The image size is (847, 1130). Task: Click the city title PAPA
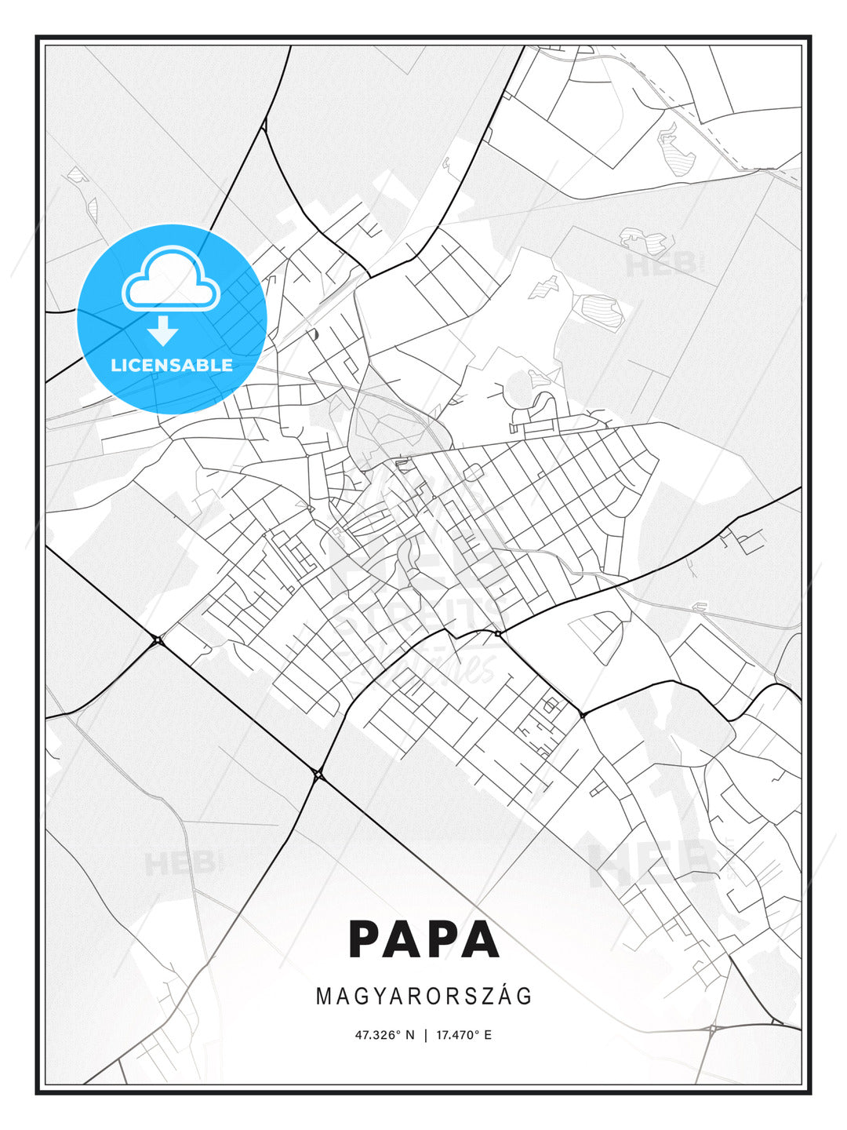pos(423,940)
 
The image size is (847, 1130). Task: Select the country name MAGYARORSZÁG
pos(423,997)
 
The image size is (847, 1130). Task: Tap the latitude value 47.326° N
pos(384,1035)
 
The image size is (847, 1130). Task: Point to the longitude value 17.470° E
pos(464,1035)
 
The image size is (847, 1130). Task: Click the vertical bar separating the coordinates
pos(425,1035)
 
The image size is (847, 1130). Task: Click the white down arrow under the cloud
pos(163,330)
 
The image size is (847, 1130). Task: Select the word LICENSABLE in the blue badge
pos(172,365)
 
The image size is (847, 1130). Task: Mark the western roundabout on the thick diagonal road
pos(158,640)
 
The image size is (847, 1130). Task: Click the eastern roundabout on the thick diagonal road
pos(318,775)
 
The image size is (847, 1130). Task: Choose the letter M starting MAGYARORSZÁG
pos(323,997)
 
